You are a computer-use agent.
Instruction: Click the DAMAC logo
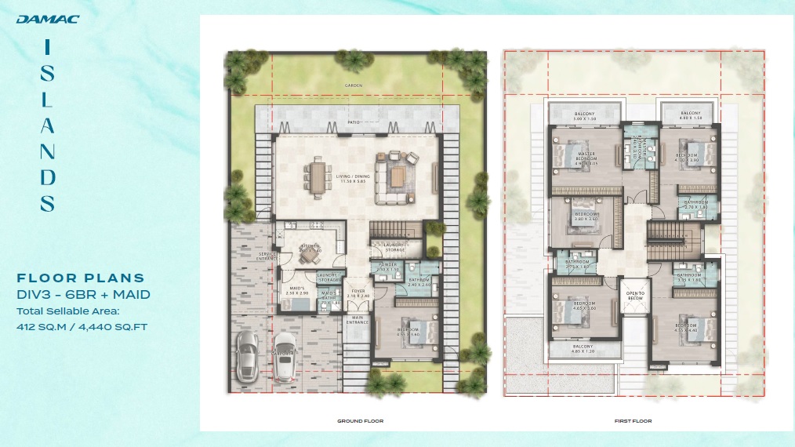[x=47, y=20]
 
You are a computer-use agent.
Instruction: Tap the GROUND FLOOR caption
[x=360, y=421]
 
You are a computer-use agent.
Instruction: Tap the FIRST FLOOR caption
[x=633, y=421]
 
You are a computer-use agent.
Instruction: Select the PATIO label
[x=354, y=123]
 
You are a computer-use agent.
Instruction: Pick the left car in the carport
[x=248, y=352]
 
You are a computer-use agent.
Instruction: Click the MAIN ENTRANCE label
[x=358, y=320]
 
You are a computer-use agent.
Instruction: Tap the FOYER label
[x=358, y=292]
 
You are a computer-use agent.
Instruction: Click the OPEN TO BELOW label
[x=634, y=296]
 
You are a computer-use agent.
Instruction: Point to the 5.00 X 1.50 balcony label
[x=584, y=118]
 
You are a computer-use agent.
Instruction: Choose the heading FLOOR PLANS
[x=82, y=278]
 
